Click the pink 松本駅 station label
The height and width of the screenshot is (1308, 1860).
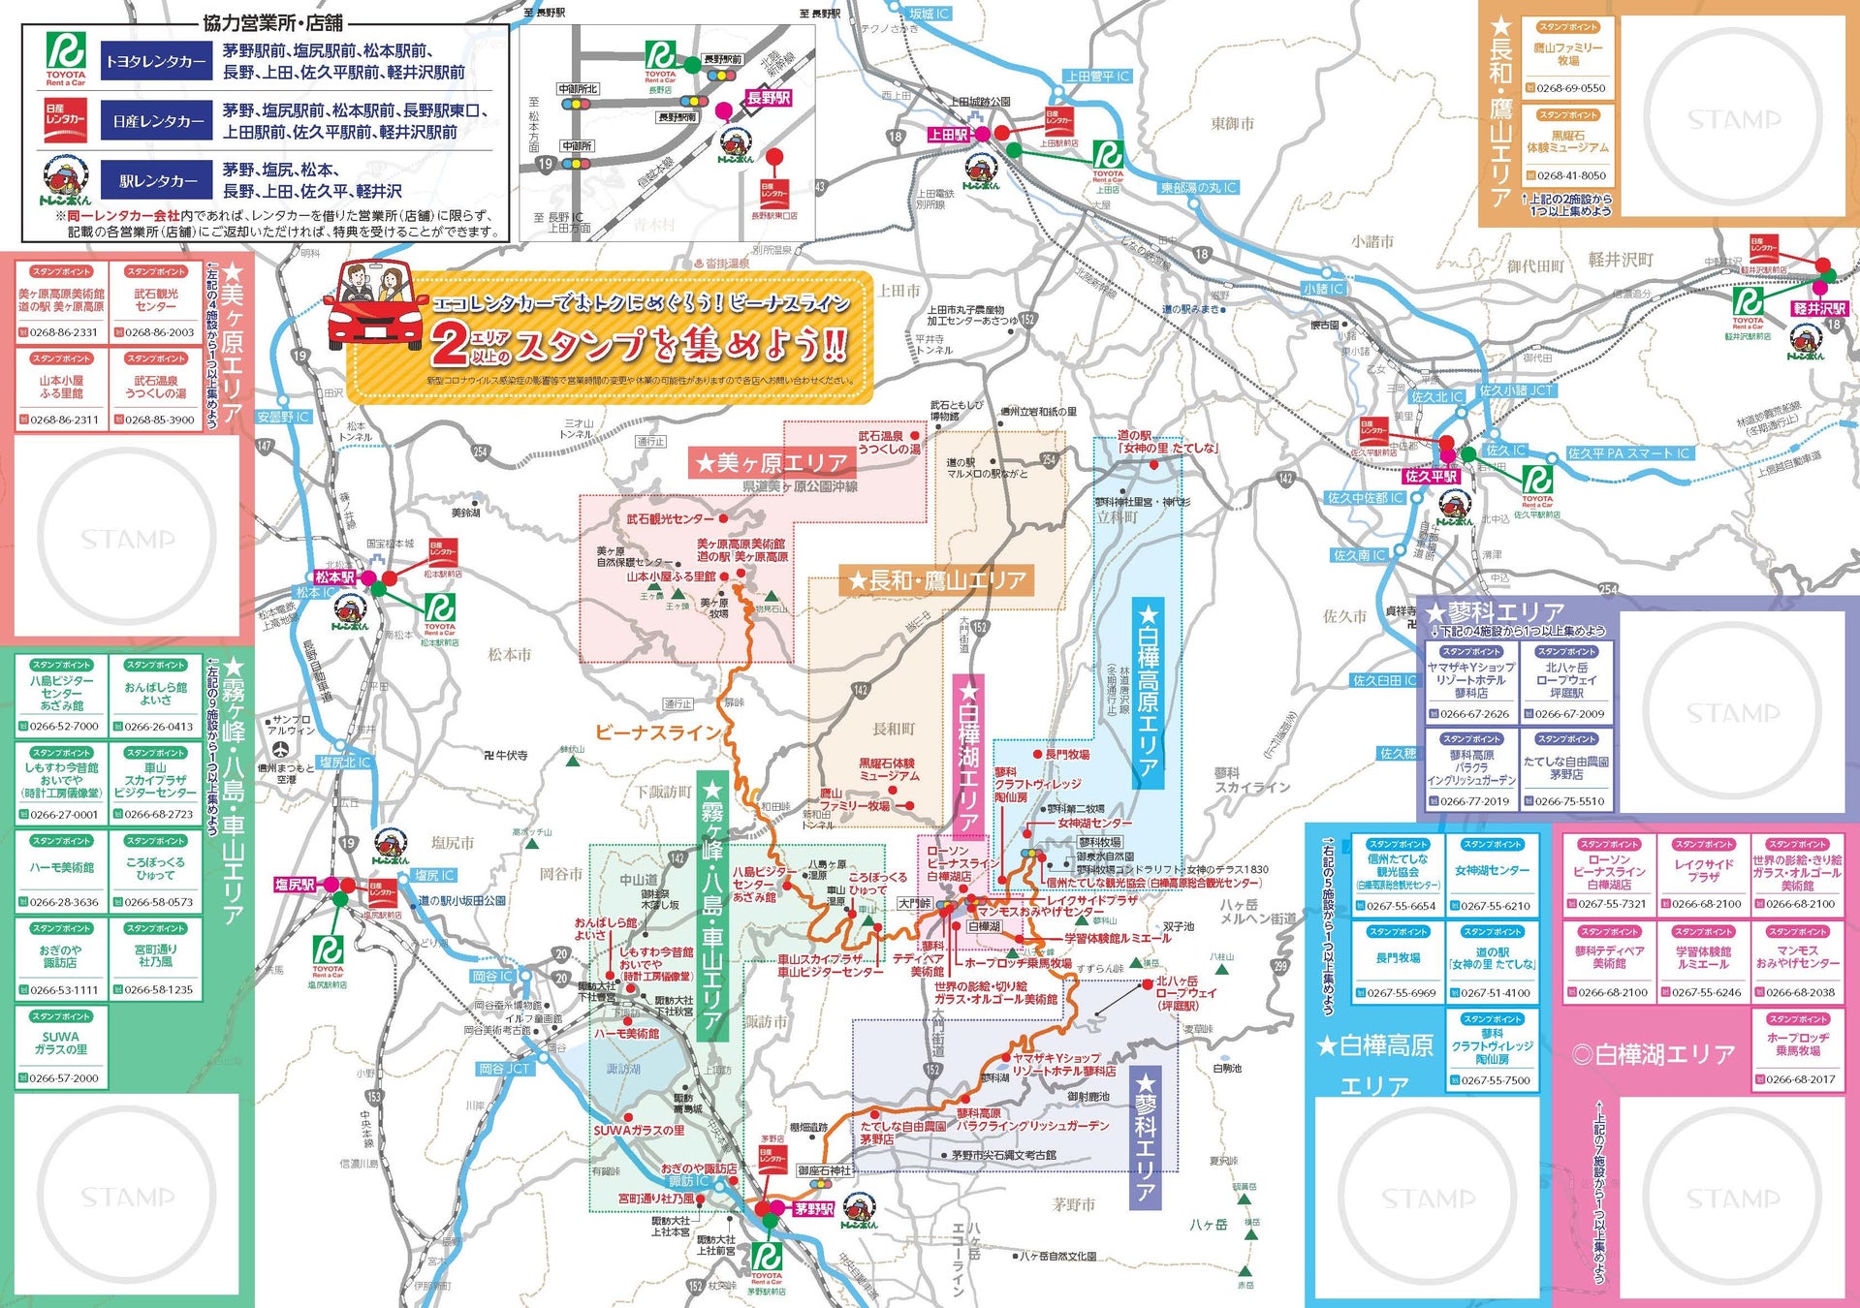coord(334,577)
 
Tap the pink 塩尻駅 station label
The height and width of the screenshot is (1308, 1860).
coord(295,885)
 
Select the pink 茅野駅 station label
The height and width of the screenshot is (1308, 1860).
coord(813,1209)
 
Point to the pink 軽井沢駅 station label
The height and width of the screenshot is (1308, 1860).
coord(1819,308)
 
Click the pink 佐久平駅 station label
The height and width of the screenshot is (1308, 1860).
coord(1431,476)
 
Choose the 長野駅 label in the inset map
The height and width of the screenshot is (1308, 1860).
coord(769,98)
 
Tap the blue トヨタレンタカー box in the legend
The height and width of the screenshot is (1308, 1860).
coord(156,62)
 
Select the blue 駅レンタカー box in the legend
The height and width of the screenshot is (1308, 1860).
coord(156,181)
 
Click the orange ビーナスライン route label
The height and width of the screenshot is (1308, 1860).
coord(658,732)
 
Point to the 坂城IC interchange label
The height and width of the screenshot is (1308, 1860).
coord(929,14)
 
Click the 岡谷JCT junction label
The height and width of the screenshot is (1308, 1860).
coord(504,1069)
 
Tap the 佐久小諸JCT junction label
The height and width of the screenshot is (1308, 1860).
coord(1515,390)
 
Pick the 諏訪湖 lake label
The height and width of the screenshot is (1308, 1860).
coord(623,1069)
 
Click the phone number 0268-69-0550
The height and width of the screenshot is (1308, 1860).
coord(1570,88)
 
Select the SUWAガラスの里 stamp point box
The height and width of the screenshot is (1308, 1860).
coord(61,1047)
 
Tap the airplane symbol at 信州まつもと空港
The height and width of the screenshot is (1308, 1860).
coord(280,749)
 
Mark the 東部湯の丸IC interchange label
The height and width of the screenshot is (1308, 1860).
coord(1199,188)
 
